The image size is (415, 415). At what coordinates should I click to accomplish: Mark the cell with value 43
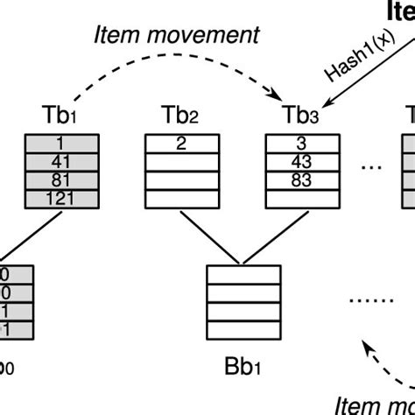(x=303, y=162)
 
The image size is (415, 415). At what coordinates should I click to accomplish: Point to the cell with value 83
(x=303, y=180)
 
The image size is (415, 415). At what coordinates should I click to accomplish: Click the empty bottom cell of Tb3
(x=303, y=199)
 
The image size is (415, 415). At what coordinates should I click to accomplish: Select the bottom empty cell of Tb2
(x=180, y=199)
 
